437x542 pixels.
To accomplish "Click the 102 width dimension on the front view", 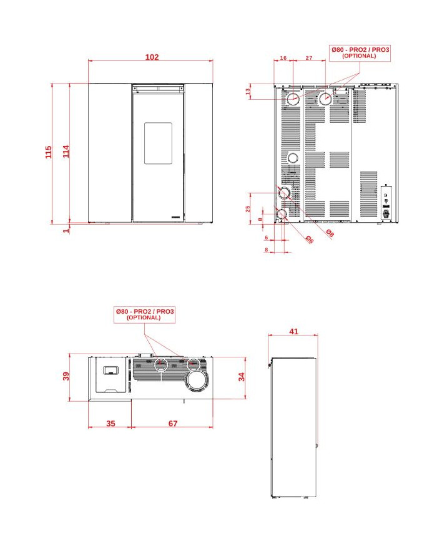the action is click(x=152, y=57).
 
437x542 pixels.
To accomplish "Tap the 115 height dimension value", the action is click(x=49, y=152).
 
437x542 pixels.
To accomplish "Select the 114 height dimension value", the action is click(x=66, y=152).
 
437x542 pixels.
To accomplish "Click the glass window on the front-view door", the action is click(x=158, y=143).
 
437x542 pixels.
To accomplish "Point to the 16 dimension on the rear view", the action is click(x=283, y=58).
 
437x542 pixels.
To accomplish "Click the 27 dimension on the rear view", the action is click(x=308, y=58).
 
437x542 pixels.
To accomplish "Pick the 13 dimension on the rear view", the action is click(x=248, y=92).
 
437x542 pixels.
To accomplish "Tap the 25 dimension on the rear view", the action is click(x=248, y=209).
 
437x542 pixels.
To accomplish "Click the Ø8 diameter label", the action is click(x=330, y=233).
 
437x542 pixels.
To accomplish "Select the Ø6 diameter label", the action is click(x=309, y=240).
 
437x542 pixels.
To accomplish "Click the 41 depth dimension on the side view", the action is click(x=293, y=331).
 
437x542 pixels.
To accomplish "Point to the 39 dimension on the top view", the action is click(x=66, y=376).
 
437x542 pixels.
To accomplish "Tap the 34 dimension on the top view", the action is click(x=242, y=377).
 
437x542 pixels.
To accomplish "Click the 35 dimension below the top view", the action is click(x=110, y=423).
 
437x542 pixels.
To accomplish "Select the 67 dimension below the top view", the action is click(x=173, y=423).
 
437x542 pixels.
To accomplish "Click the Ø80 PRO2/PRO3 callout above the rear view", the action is click(x=360, y=53).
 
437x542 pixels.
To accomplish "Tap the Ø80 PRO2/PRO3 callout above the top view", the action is click(x=144, y=314).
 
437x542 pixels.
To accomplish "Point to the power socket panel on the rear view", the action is click(x=386, y=203).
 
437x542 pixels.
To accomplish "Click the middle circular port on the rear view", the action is click(x=293, y=158).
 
